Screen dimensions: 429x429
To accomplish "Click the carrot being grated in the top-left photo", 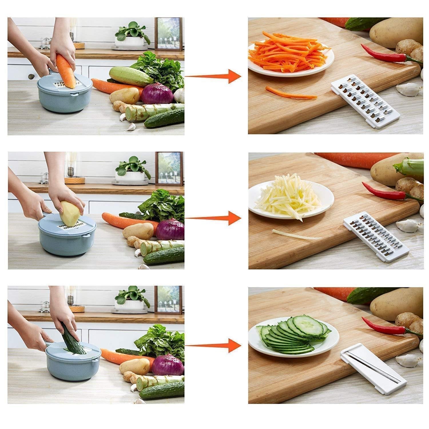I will coord(66,70).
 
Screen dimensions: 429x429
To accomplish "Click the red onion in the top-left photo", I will coord(157,93).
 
